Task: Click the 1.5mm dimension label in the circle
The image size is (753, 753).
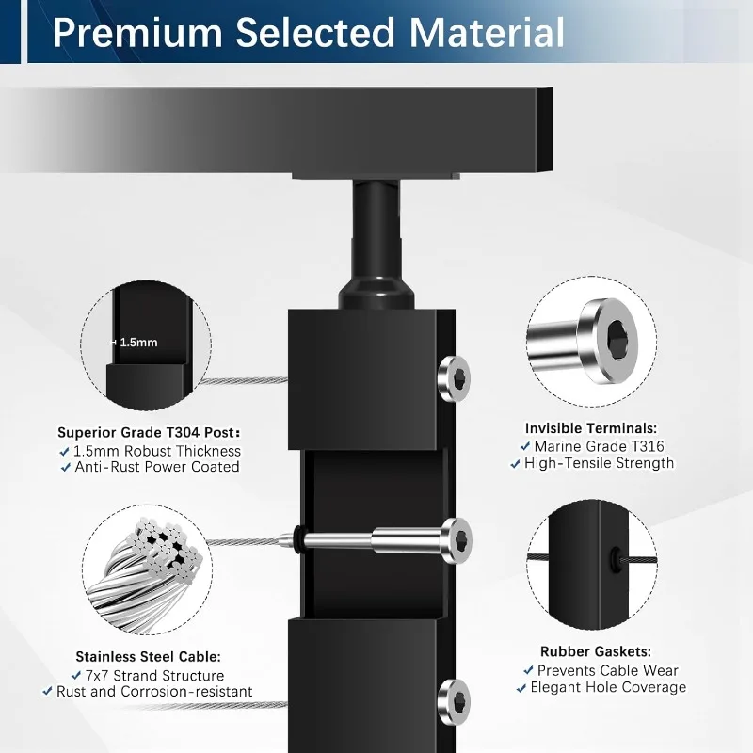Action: pyautogui.click(x=138, y=343)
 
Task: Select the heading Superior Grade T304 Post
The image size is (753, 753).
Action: pyautogui.click(x=149, y=432)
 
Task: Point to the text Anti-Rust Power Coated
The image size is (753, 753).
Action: pyautogui.click(x=157, y=467)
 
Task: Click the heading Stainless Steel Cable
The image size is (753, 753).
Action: pyautogui.click(x=148, y=656)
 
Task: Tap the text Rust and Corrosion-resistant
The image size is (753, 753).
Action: pyautogui.click(x=155, y=692)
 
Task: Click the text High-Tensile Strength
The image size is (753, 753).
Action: pyautogui.click(x=600, y=463)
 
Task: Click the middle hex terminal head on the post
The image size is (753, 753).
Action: pyautogui.click(x=457, y=538)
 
